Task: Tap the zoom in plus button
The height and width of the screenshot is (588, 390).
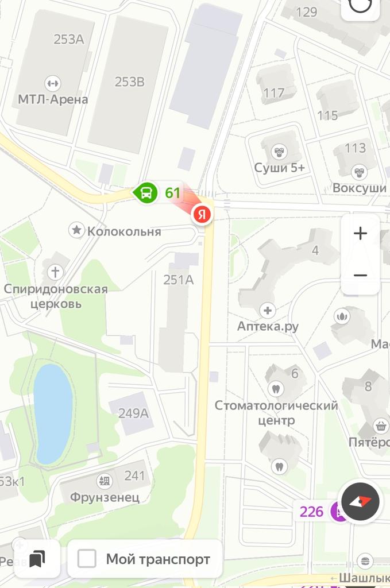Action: pyautogui.click(x=360, y=234)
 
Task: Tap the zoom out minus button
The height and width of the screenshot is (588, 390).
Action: pyautogui.click(x=360, y=276)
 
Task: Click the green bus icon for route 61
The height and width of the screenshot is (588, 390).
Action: pyautogui.click(x=146, y=192)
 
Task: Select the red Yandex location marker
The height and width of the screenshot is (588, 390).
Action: pyautogui.click(x=201, y=214)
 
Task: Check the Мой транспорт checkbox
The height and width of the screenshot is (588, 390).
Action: pyautogui.click(x=87, y=559)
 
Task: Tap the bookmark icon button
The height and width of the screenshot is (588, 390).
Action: pyautogui.click(x=37, y=559)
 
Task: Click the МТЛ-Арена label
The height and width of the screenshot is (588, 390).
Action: pyautogui.click(x=53, y=99)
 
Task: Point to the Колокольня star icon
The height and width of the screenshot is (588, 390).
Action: pyautogui.click(x=76, y=231)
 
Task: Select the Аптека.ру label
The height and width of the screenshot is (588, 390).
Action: pyautogui.click(x=268, y=326)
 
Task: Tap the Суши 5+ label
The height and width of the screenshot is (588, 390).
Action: pyautogui.click(x=280, y=168)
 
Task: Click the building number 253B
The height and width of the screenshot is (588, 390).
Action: pyautogui.click(x=129, y=82)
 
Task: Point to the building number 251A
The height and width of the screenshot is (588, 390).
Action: pyautogui.click(x=178, y=280)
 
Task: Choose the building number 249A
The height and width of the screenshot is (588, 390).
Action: pyautogui.click(x=133, y=412)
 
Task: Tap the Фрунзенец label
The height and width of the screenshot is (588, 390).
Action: pyautogui.click(x=105, y=497)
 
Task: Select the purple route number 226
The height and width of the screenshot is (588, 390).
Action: pyautogui.click(x=312, y=511)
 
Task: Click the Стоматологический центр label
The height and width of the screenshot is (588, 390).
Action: pyautogui.click(x=276, y=412)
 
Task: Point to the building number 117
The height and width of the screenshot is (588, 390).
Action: pyautogui.click(x=274, y=93)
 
